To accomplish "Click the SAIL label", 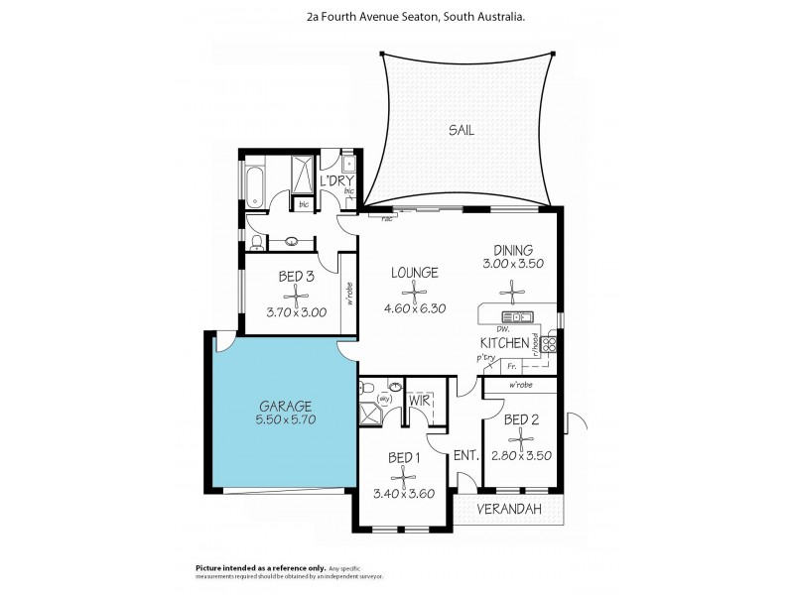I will tap(462, 130).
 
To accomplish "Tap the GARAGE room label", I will tap(286, 406).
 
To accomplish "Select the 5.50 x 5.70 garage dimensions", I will tap(286, 420).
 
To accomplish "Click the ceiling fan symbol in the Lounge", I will tap(415, 290).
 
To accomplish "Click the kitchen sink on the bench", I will tap(520, 317).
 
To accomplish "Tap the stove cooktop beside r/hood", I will tap(548, 343).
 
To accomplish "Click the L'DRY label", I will tap(336, 180).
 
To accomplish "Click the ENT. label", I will tap(466, 456).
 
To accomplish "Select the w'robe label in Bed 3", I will tap(349, 295).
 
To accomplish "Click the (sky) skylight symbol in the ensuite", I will tap(384, 399).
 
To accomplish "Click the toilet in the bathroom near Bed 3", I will tap(256, 240).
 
